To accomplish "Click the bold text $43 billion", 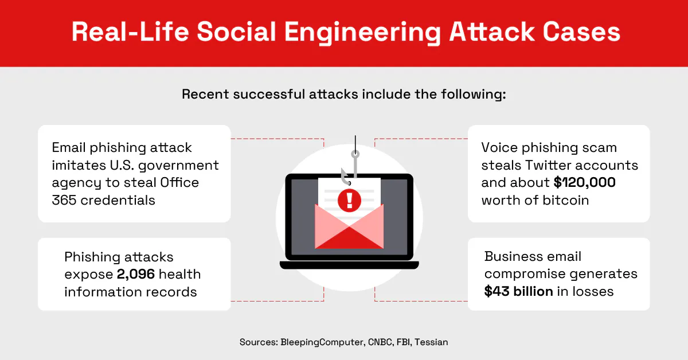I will coord(518,291).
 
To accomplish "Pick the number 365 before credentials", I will coord(64,201).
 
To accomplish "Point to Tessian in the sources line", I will coord(431,342).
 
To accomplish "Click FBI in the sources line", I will coord(405,342).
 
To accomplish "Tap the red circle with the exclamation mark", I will coord(349,200).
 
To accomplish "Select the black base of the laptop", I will coord(349,265).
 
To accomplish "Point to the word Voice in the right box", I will coord(499,147).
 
